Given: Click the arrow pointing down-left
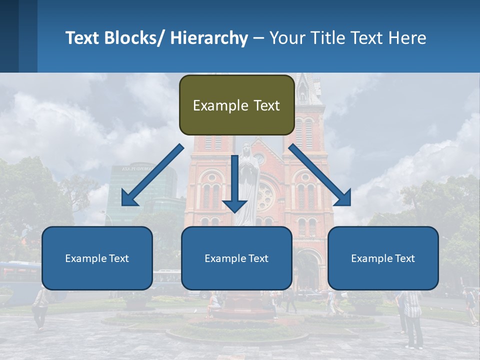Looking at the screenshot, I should [x=152, y=176].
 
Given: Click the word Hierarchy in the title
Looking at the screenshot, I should [x=208, y=38].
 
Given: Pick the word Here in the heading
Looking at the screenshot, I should [x=407, y=38].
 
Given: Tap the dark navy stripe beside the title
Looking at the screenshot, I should [x=9, y=36].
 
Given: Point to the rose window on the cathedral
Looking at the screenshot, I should [x=264, y=195].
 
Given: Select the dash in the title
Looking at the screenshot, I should [x=258, y=38].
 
